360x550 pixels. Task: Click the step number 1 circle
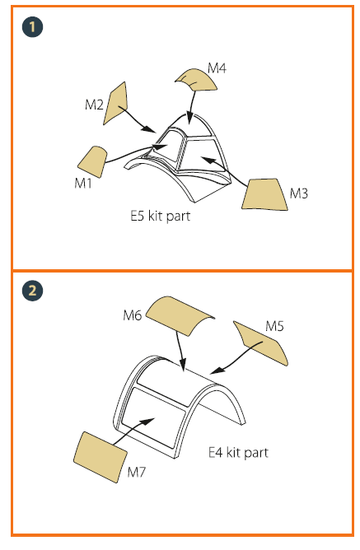(32, 27)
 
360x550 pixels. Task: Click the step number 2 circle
(32, 291)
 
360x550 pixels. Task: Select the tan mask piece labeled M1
(92, 162)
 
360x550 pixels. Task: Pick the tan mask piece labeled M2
(116, 103)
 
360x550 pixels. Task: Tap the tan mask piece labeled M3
(264, 194)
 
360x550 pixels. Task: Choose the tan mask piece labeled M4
(198, 80)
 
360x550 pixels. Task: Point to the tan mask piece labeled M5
(262, 343)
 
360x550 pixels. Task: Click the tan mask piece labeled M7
(101, 457)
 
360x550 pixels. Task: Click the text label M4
(217, 68)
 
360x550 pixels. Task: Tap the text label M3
(298, 193)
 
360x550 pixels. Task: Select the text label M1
(83, 183)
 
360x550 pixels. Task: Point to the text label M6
(133, 315)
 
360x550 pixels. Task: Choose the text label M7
(136, 472)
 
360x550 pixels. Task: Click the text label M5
(274, 326)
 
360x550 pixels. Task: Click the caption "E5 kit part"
(161, 216)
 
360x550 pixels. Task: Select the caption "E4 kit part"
(238, 453)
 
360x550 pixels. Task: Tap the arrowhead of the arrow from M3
(208, 161)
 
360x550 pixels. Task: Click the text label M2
(94, 105)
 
